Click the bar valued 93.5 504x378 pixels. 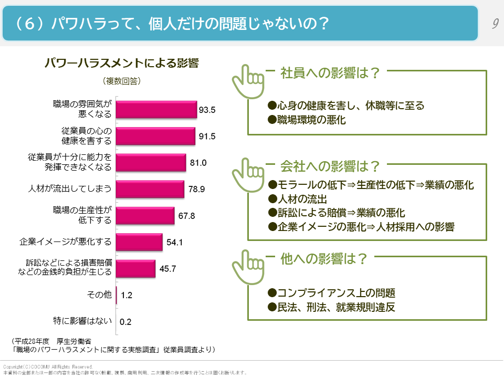(x=156, y=109)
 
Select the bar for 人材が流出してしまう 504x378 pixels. (x=150, y=189)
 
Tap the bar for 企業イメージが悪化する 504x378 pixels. (x=139, y=242)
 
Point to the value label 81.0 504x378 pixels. (x=198, y=163)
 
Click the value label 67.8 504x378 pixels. (x=186, y=216)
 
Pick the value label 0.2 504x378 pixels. (x=125, y=322)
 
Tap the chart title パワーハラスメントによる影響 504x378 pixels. (x=121, y=63)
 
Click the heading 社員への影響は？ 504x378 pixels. (x=330, y=72)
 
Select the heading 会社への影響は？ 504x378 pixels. (x=330, y=166)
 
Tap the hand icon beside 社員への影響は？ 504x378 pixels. (x=248, y=81)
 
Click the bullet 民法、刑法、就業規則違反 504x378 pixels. (x=331, y=308)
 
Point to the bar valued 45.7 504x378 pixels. (x=135, y=269)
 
